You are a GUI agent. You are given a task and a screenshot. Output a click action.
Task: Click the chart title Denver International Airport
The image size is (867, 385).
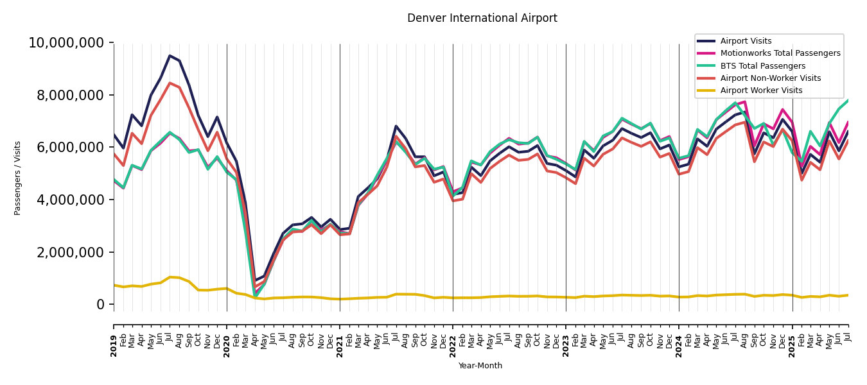click(x=482, y=19)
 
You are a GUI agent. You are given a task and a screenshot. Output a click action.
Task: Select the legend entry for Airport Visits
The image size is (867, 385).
click(x=746, y=41)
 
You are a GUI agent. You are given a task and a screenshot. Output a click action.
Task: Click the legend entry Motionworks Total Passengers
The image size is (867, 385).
click(x=780, y=53)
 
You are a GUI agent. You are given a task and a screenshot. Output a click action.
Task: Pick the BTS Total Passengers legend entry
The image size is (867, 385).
click(x=762, y=66)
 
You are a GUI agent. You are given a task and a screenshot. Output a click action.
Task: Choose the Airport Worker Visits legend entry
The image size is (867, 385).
click(x=761, y=90)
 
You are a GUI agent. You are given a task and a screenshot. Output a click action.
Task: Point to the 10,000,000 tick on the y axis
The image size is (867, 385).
click(x=66, y=43)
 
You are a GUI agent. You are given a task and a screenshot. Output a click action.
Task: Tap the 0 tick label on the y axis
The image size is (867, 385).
click(x=100, y=305)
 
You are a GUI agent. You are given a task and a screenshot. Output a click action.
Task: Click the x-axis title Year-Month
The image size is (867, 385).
click(x=480, y=366)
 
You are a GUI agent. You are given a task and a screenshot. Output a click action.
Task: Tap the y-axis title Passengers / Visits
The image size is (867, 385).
click(x=18, y=178)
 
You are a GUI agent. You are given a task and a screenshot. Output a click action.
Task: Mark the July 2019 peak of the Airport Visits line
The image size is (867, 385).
click(x=170, y=56)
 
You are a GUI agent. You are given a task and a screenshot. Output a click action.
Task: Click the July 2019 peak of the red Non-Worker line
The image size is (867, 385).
click(x=170, y=83)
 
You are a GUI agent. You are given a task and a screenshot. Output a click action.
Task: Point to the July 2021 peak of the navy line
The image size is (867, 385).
click(x=396, y=126)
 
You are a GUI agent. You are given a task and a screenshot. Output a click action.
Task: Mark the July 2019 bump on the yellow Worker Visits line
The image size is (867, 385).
click(x=170, y=277)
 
